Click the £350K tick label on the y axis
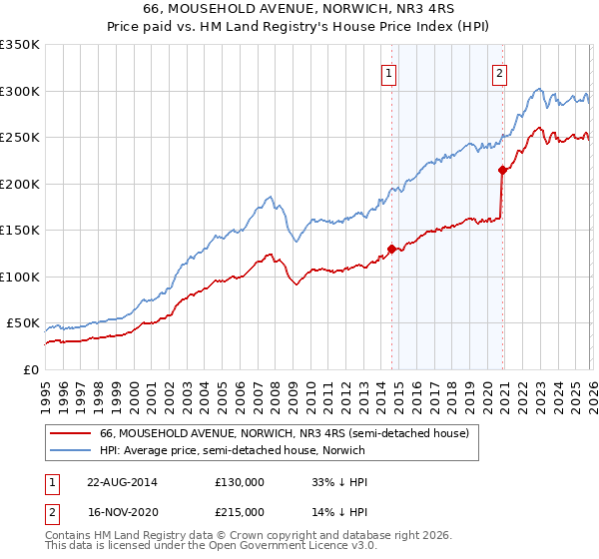click(x=20, y=45)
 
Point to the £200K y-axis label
click(x=20, y=184)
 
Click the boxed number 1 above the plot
click(x=387, y=72)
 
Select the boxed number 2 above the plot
click(x=498, y=72)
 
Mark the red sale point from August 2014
click(x=391, y=249)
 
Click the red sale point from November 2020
click(x=501, y=171)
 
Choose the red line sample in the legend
click(x=71, y=433)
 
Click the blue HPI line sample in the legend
click(x=71, y=450)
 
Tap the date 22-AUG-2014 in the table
click(x=122, y=482)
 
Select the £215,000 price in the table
click(x=239, y=512)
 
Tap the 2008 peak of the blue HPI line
click(x=270, y=197)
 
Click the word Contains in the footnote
click(x=69, y=537)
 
